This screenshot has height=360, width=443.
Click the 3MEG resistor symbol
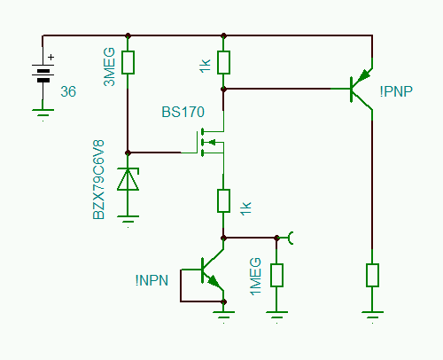(x=128, y=62)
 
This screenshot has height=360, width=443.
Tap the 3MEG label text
(x=109, y=67)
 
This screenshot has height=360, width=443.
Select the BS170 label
(x=183, y=112)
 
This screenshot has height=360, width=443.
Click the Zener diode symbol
(x=128, y=179)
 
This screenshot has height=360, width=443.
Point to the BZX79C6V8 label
(x=98, y=180)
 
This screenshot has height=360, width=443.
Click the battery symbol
(x=43, y=74)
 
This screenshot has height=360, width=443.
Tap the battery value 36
(x=68, y=91)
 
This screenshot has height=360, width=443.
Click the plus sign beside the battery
(x=51, y=57)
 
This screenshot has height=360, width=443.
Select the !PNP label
(x=396, y=91)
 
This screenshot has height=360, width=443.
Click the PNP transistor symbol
(x=361, y=89)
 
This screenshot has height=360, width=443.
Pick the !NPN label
(x=152, y=280)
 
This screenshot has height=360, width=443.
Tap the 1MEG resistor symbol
(x=276, y=276)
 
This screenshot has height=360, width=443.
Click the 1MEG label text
(x=256, y=277)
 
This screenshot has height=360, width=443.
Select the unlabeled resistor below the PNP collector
(x=372, y=276)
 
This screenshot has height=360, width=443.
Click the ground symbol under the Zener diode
(x=128, y=221)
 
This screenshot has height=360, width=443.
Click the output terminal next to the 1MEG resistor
(x=290, y=238)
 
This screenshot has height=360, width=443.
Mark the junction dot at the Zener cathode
(x=128, y=153)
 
